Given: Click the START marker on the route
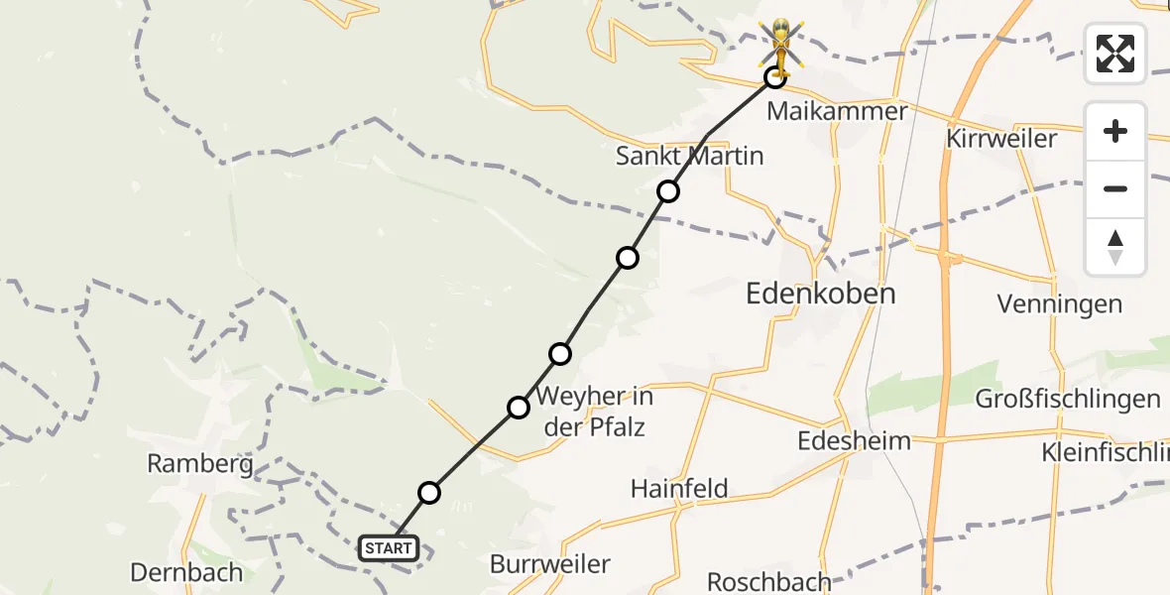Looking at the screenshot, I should point(389,548).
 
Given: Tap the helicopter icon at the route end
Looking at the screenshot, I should point(782,46).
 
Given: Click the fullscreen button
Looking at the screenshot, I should point(1115,54).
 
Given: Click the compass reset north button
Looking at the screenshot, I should point(1115,247).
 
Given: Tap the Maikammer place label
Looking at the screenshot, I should point(837,111).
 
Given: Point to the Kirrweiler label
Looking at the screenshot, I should point(1001,138).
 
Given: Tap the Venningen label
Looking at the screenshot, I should point(1060,304).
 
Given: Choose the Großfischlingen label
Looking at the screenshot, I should point(1068,400).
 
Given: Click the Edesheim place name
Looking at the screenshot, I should point(854,440).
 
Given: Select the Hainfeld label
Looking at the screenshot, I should point(679,488).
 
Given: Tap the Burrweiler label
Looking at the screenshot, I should point(550,564).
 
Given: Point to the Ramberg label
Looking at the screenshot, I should point(200,463).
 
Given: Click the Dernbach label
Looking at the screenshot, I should point(186,572).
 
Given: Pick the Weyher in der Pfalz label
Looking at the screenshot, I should point(595,413).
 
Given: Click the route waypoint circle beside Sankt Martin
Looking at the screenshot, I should point(668,191).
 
